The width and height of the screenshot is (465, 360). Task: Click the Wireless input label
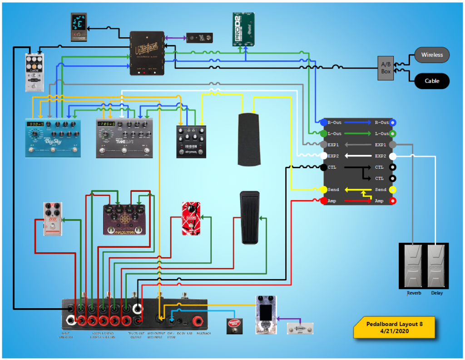point(432,55)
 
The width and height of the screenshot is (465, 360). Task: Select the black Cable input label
point(432,81)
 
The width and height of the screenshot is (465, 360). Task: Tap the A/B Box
point(386,68)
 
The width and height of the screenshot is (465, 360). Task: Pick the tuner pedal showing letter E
point(79,27)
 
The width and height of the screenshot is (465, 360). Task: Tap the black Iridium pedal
point(191,141)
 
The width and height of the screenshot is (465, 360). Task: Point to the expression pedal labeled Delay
point(437,266)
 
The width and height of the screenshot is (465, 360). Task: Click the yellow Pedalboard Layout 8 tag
point(395,328)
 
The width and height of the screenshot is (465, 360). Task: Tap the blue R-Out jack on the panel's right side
point(393,123)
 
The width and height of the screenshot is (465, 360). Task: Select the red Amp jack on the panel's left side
point(323,201)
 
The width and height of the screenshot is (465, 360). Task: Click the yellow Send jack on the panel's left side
point(323,190)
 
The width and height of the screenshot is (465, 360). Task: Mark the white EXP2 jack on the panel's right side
point(393,156)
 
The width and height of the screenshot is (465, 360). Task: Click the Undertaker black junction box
point(147,53)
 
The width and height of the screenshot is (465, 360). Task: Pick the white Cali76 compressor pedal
point(35,71)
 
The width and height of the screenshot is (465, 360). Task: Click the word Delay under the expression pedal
point(437,293)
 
